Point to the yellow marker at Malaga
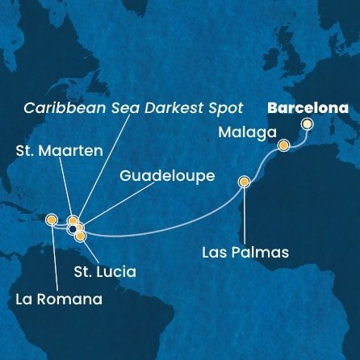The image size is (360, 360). coord(284,145)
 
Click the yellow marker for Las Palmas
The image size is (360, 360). coord(244,182)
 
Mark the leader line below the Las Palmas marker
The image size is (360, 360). coord(244,214)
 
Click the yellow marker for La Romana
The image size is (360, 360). coord(52,219)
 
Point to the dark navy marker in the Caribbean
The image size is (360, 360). coord(73,229)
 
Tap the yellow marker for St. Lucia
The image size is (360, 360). coord(80,237)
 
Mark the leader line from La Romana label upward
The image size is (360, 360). coord(52,258)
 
